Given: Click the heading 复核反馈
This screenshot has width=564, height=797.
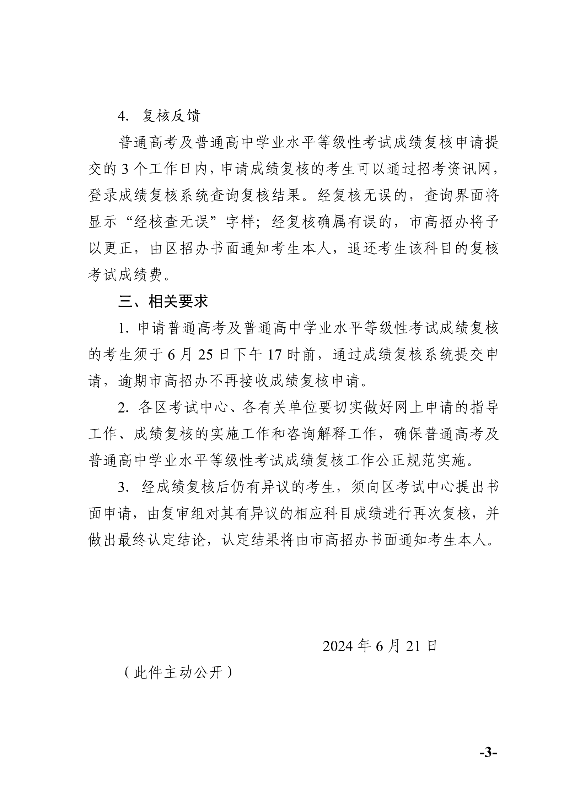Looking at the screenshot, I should coord(171,116).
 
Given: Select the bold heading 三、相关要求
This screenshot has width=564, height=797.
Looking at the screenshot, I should coord(163,302).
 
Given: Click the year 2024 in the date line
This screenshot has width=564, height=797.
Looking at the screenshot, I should coord(338,646).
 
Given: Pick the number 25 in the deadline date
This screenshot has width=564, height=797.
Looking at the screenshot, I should coord(205,355).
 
